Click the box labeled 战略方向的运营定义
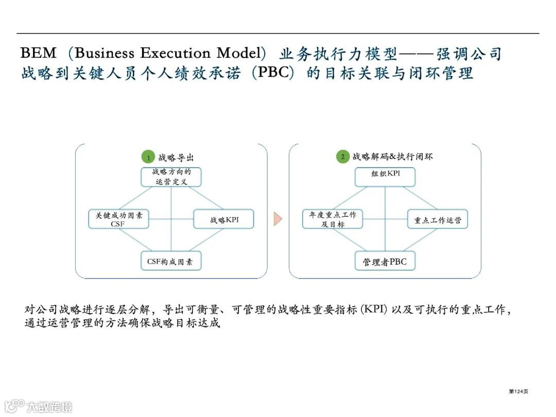(x=171, y=177)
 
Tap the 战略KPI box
(x=224, y=220)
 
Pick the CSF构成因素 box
(x=170, y=262)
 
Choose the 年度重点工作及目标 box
(x=332, y=219)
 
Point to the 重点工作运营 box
(x=438, y=220)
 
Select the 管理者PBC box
(x=385, y=262)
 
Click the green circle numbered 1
(x=148, y=157)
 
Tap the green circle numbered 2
(x=343, y=157)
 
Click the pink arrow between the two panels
(x=278, y=219)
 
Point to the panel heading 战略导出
(x=176, y=158)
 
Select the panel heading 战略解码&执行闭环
(x=392, y=157)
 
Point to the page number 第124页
(x=518, y=392)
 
